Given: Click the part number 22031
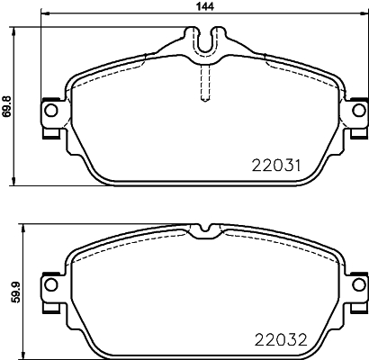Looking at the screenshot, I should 276,165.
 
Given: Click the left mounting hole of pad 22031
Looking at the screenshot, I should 50,111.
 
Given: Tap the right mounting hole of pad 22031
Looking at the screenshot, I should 355,111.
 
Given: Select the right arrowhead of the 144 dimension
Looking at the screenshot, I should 361,13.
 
